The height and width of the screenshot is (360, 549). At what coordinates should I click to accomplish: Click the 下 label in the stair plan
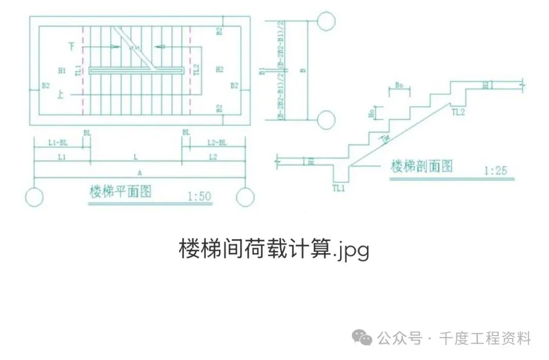72,46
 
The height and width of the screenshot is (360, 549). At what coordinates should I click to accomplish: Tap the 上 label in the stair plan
61,94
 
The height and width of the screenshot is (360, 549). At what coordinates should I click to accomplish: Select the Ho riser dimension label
371,113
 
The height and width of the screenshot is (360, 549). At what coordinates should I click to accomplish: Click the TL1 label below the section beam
339,188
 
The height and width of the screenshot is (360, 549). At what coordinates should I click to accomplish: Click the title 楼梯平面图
120,192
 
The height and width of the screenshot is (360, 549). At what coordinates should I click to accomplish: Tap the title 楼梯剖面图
421,166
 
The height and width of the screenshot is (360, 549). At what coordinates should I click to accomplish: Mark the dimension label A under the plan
139,173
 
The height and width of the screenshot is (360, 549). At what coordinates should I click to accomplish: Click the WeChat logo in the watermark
363,337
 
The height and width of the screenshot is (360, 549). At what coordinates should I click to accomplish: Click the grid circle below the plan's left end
34,197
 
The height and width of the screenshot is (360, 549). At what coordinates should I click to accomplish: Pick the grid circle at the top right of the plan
326,20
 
